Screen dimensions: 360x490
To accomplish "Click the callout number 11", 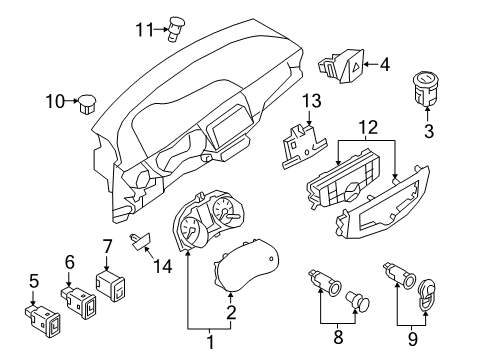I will coord(143,29).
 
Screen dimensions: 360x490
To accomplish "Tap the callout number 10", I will coord(54,100).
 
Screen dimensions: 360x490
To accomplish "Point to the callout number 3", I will coord(429,130).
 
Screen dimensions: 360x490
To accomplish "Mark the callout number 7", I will coord(108,245).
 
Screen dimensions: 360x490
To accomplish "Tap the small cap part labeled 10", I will coord(90,100).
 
